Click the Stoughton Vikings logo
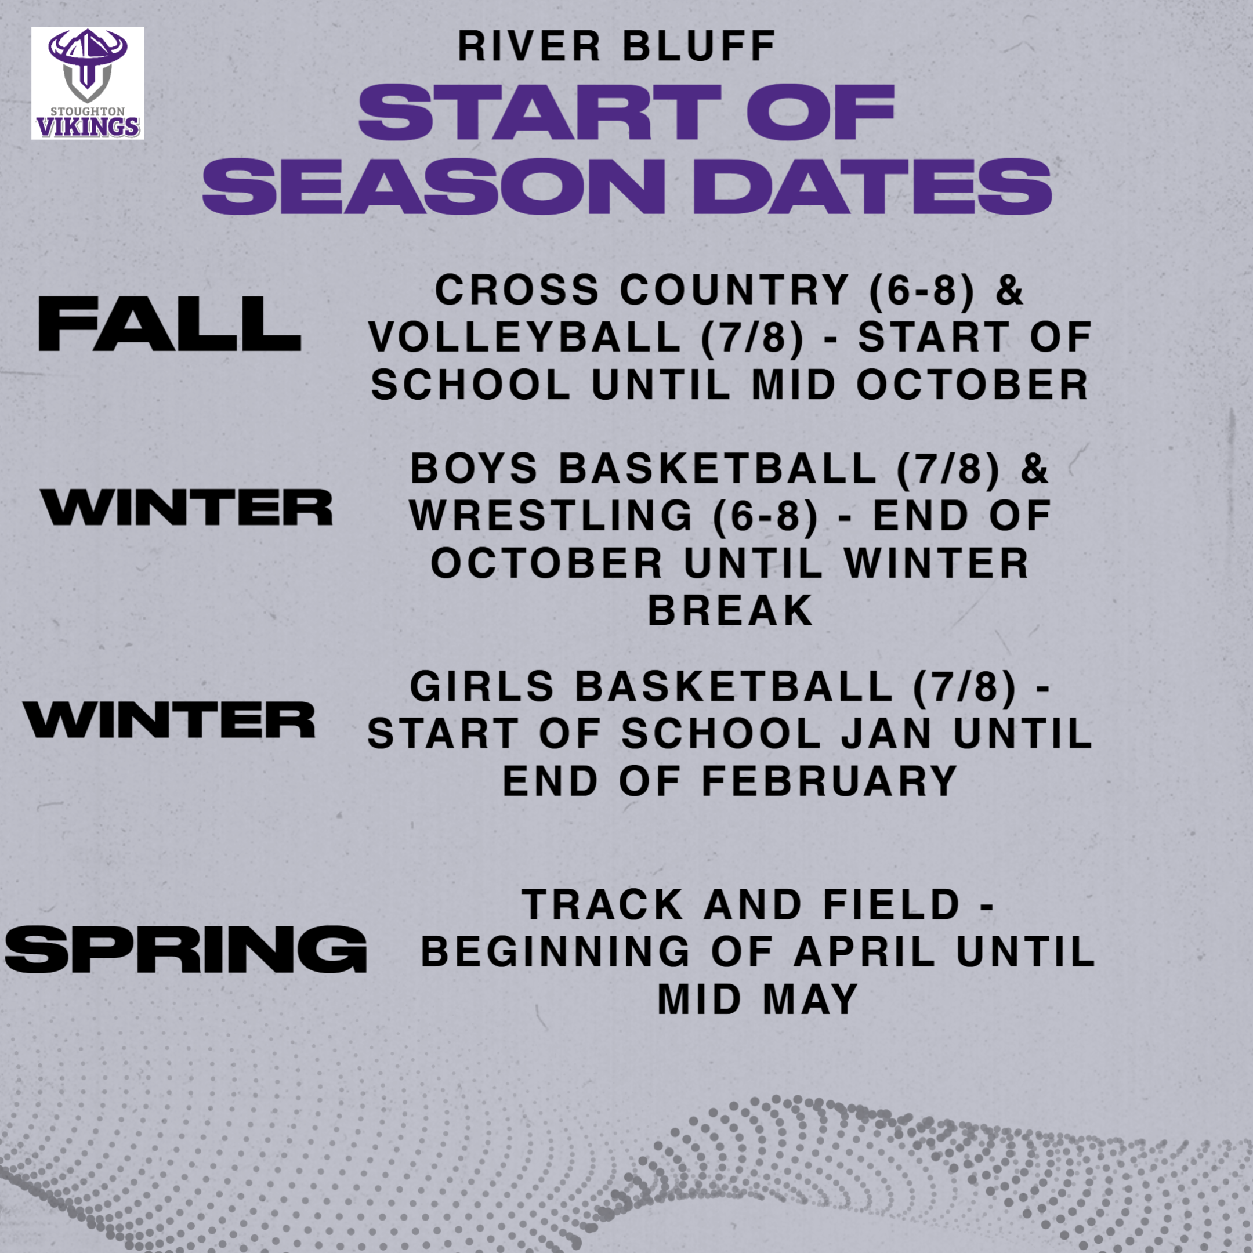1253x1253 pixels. click(88, 83)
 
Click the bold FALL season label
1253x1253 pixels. click(170, 324)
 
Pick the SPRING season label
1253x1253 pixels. click(186, 949)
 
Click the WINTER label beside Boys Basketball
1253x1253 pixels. click(187, 507)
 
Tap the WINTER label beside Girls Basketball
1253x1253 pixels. click(169, 719)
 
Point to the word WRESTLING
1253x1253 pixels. click(551, 516)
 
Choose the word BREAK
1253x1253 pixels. click(731, 611)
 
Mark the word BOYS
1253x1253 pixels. click(474, 468)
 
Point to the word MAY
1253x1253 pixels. click(812, 999)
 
